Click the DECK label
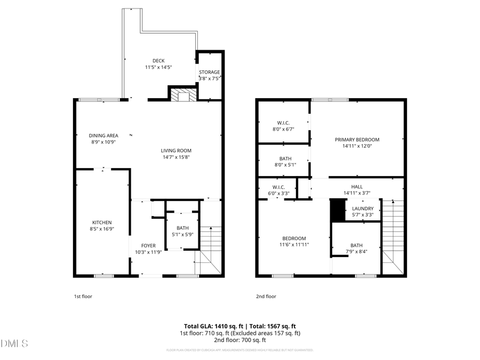tap(158, 61)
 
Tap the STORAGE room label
tap(209, 72)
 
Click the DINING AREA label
tap(103, 135)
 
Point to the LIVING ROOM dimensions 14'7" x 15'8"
tap(177, 157)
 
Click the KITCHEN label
tap(101, 222)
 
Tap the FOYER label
tap(148, 245)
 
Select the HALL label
tap(357, 187)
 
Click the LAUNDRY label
tap(363, 209)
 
